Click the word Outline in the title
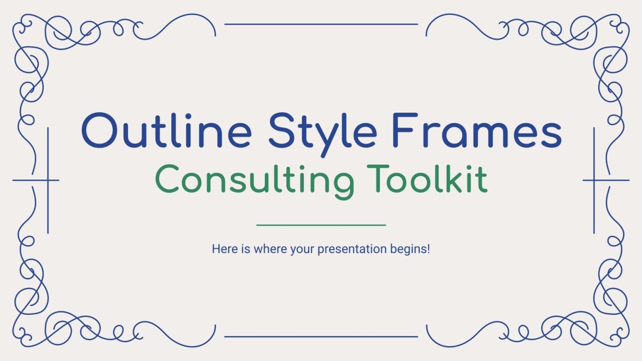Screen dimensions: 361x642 (166, 130)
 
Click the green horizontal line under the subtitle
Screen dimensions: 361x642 (321, 225)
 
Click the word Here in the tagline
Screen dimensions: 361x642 (222, 250)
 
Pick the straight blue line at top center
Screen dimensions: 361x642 (321, 24)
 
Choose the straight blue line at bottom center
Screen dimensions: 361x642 (321, 337)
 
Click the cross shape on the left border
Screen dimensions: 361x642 (48, 180)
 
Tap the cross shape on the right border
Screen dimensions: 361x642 (594, 180)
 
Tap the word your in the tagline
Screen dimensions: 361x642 (302, 250)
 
